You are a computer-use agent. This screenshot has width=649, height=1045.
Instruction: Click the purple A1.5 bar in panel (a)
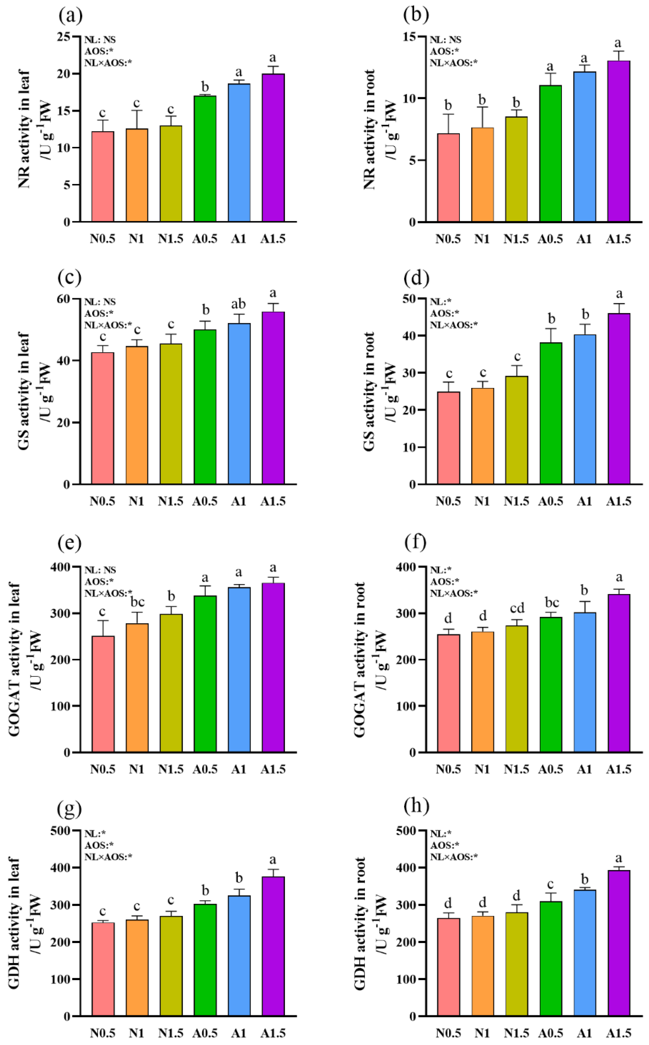273,148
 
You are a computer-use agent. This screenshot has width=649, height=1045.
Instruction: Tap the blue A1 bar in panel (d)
585,409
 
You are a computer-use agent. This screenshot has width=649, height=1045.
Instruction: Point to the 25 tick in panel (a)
64,37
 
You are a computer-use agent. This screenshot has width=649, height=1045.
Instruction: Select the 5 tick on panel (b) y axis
412,160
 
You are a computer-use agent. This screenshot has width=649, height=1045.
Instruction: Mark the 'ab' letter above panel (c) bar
239,304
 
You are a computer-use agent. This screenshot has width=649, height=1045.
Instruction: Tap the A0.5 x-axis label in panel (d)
550,501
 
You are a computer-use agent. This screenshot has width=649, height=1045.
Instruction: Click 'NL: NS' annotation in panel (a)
100,40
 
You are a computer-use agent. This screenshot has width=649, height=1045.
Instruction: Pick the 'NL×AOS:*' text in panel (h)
454,857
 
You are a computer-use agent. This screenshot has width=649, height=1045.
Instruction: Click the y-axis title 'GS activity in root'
369,391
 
